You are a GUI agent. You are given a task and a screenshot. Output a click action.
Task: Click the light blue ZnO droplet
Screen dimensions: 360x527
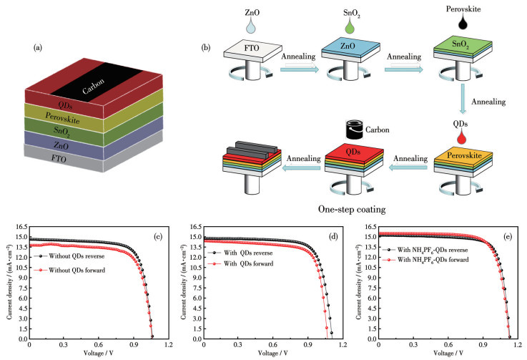tap(250, 25)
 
